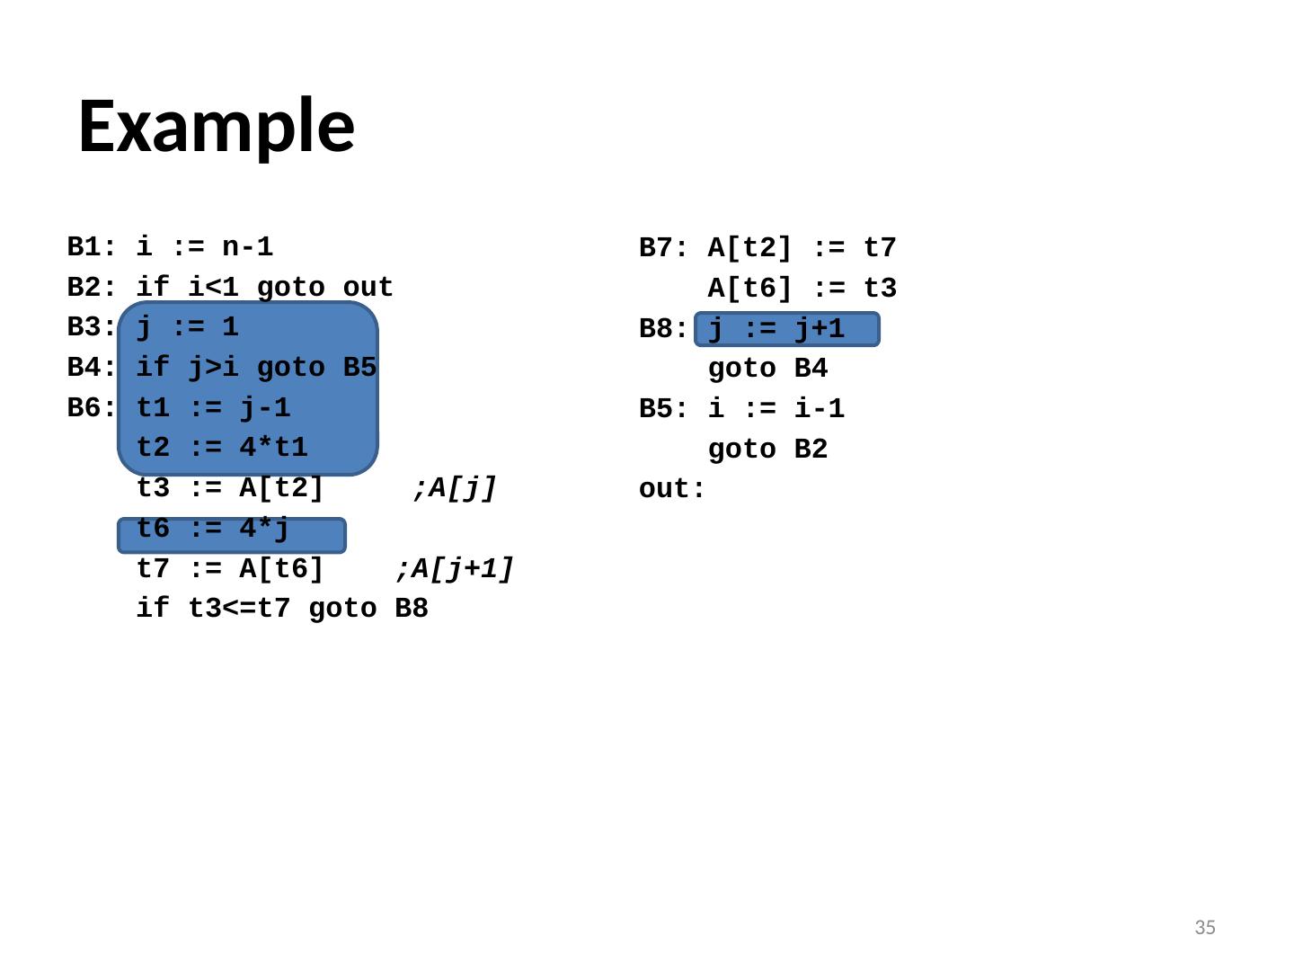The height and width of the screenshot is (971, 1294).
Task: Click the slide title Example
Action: tap(217, 126)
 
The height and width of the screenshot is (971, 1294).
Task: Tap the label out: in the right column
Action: tap(672, 490)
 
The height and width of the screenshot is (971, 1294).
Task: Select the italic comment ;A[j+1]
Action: tap(455, 569)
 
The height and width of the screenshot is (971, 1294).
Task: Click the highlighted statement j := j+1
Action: tap(777, 330)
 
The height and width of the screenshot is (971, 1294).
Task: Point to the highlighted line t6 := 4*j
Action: tap(213, 530)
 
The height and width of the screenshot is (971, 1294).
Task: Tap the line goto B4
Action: tap(767, 370)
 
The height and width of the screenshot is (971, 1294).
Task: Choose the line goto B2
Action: tap(767, 450)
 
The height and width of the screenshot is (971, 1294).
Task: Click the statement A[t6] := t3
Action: tap(802, 290)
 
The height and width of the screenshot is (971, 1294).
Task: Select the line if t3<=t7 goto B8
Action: tap(282, 610)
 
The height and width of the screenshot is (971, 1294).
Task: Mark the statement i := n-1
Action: tap(205, 247)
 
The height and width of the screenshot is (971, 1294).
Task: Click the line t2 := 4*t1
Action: tap(222, 448)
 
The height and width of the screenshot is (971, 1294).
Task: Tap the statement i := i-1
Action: tap(776, 410)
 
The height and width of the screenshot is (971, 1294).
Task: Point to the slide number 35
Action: tap(1204, 928)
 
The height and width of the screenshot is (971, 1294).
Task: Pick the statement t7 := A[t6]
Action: tap(230, 569)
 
